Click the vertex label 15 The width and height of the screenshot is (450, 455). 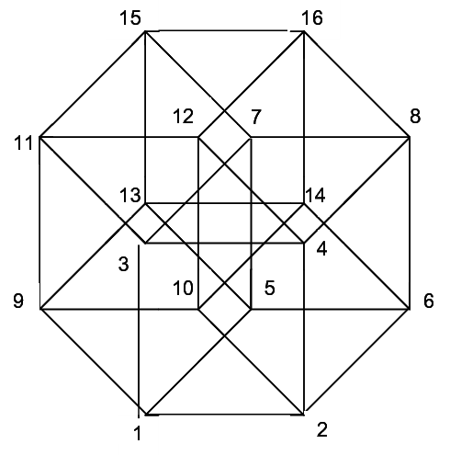pos(130,17)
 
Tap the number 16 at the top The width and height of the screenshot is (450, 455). pos(312,17)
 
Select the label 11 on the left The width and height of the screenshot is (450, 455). pos(23,142)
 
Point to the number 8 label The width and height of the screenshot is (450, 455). pos(415,117)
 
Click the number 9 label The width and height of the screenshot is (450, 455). pos(18,301)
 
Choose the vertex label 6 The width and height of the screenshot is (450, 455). pos(429,301)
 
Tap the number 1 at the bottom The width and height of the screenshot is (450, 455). pos(138,433)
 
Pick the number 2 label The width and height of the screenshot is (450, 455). pos(322,429)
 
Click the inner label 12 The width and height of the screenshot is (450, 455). pos(184,117)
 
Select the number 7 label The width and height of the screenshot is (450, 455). pos(256,117)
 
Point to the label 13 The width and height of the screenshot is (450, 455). pos(130,195)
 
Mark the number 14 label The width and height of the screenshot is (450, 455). pos(315,195)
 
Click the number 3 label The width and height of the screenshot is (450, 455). pos(123,264)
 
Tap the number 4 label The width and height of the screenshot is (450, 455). pos(321,249)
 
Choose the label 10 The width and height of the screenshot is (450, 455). pos(183,288)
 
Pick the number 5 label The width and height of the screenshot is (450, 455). pos(269,288)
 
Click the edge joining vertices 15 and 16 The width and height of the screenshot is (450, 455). pos(224,30)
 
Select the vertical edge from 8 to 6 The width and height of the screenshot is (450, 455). pos(410,223)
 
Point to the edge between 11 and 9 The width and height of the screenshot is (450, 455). pos(40,223)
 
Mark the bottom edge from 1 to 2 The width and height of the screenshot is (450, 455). pos(225,415)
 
